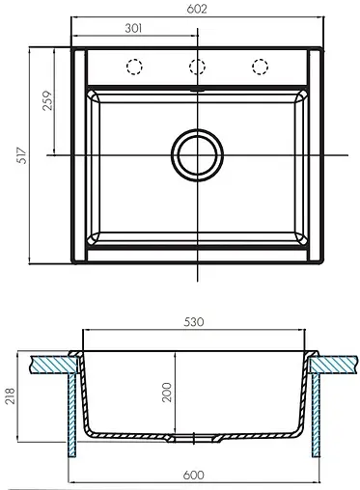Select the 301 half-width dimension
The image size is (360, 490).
click(136, 28)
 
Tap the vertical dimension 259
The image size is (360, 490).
click(49, 102)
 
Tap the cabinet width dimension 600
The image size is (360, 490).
click(196, 474)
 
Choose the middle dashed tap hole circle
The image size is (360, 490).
click(197, 67)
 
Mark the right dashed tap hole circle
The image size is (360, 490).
click(259, 67)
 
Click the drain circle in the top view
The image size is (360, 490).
click(197, 154)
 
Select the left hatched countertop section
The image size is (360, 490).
click(53, 364)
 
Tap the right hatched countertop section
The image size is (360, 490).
click(335, 364)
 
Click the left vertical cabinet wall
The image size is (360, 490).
click(70, 415)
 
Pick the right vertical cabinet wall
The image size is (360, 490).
click(318, 415)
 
